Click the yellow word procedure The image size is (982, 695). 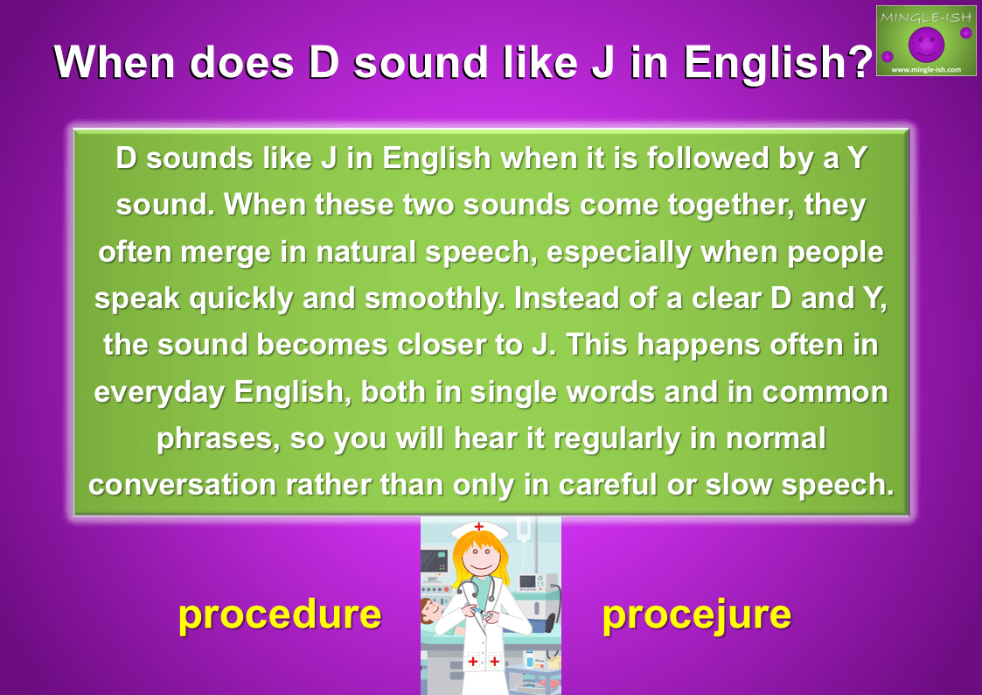click(x=280, y=615)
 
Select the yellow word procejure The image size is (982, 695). click(x=696, y=615)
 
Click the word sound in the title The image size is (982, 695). click(x=421, y=62)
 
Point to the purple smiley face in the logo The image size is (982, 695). click(x=926, y=44)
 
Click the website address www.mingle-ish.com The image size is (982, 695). click(x=926, y=69)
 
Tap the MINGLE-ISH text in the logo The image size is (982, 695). click(x=926, y=18)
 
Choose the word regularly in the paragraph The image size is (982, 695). click(x=616, y=439)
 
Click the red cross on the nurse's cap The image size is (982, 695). click(x=479, y=527)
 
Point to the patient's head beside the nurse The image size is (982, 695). click(x=429, y=609)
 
